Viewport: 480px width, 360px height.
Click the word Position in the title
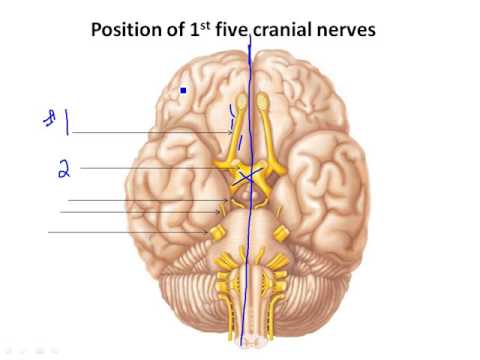pyautogui.click(x=125, y=30)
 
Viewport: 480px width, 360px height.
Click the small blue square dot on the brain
pyautogui.click(x=184, y=91)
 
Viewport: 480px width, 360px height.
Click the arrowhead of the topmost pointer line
pyautogui.click(x=232, y=132)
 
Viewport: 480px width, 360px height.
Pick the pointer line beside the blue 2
pyautogui.click(x=150, y=168)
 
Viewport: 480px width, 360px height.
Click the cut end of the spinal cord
pyautogui.click(x=251, y=340)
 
